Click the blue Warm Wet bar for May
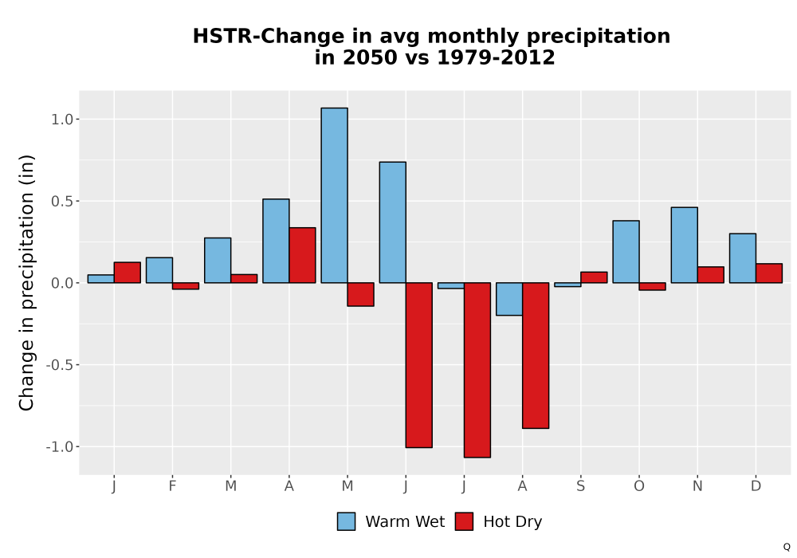coord(335,195)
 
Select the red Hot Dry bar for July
coord(477,370)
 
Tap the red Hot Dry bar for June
coord(419,365)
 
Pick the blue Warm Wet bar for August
coord(509,299)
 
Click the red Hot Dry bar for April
coord(302,255)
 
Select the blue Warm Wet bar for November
coord(684,245)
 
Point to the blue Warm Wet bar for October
coord(626,252)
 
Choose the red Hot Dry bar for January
coord(127,273)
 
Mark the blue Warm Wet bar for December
coord(743,258)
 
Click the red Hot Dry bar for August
coord(536,356)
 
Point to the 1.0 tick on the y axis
coord(77,119)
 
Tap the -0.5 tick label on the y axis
coord(60,365)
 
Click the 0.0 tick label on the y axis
coord(62,283)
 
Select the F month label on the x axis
coord(172,486)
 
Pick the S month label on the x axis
coord(580,486)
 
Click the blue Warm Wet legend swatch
coord(346,521)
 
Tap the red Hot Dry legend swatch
coord(464,521)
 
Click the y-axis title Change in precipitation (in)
coord(26,282)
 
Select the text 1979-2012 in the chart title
coord(496,57)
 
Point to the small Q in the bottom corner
coord(787,547)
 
